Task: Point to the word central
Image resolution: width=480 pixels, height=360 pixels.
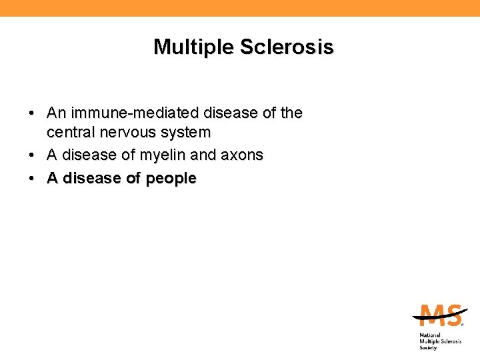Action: (x=69, y=133)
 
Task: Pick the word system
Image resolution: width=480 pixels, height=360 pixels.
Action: (x=186, y=133)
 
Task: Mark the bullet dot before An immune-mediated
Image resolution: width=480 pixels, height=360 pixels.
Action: (x=33, y=114)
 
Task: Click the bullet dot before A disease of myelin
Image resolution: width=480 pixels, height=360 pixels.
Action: (x=33, y=155)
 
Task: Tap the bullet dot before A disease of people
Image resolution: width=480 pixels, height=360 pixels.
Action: (x=33, y=179)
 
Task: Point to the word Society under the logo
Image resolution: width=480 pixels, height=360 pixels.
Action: (x=428, y=347)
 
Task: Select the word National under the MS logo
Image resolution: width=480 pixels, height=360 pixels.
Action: (x=431, y=335)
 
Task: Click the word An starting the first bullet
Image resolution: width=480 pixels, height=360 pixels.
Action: (x=55, y=114)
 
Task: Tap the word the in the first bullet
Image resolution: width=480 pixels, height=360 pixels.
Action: (x=291, y=114)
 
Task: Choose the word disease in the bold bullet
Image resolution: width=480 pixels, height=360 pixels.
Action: (x=90, y=179)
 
